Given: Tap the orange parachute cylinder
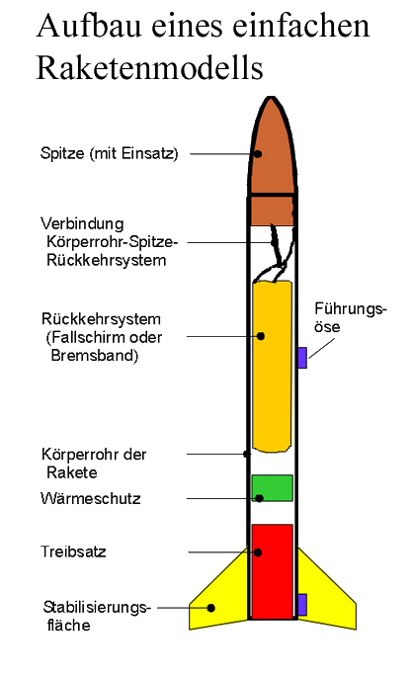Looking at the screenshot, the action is coord(272,367).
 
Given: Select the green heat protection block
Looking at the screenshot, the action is coord(273,488).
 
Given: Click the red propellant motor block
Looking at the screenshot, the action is coord(273,571).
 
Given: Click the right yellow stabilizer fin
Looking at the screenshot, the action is coord(325,597).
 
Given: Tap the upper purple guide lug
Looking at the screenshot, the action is coord(302,358).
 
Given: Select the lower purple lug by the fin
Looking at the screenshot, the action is coord(302,605).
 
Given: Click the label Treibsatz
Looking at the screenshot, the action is coord(73,551).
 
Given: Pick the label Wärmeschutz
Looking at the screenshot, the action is coord(90,498).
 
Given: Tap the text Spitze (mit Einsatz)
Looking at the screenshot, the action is coord(109,153).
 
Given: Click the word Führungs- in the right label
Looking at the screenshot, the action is coord(350,308).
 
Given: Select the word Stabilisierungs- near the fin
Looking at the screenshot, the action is coord(97,608).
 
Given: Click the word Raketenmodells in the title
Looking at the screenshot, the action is coord(149,68).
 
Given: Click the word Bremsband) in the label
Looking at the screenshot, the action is coord(95,356).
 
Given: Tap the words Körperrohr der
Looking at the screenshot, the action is coord(94,454).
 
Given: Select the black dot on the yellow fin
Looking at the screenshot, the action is coord(211,608).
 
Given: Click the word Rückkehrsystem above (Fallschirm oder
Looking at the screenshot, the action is coord(101,319).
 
